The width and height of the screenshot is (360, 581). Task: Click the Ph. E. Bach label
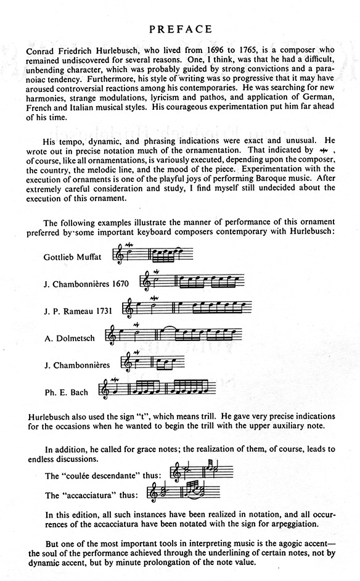click(x=66, y=392)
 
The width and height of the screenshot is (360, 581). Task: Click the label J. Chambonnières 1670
click(x=87, y=284)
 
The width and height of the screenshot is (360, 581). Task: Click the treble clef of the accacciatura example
click(x=154, y=493)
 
